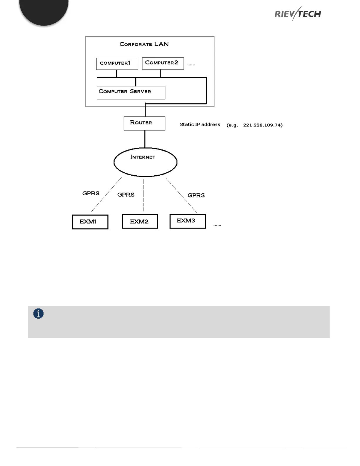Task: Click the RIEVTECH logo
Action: (x=298, y=14)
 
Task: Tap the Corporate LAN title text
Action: (x=144, y=44)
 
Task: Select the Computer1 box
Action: (x=117, y=64)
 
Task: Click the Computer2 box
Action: (x=163, y=63)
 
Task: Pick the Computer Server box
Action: (x=131, y=92)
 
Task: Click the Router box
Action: (x=144, y=123)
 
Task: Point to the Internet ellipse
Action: (x=145, y=162)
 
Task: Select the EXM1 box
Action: (x=90, y=222)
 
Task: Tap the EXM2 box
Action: (x=140, y=222)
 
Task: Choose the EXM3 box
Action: (x=188, y=221)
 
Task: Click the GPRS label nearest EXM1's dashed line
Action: (x=91, y=193)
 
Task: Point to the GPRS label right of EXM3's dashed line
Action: (x=196, y=195)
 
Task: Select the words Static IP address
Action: (x=200, y=124)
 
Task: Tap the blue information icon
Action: (x=39, y=314)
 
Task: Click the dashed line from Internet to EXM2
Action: (x=143, y=195)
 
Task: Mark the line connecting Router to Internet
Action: (x=145, y=139)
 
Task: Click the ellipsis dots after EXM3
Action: (x=217, y=226)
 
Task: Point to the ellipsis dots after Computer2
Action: (x=191, y=65)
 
